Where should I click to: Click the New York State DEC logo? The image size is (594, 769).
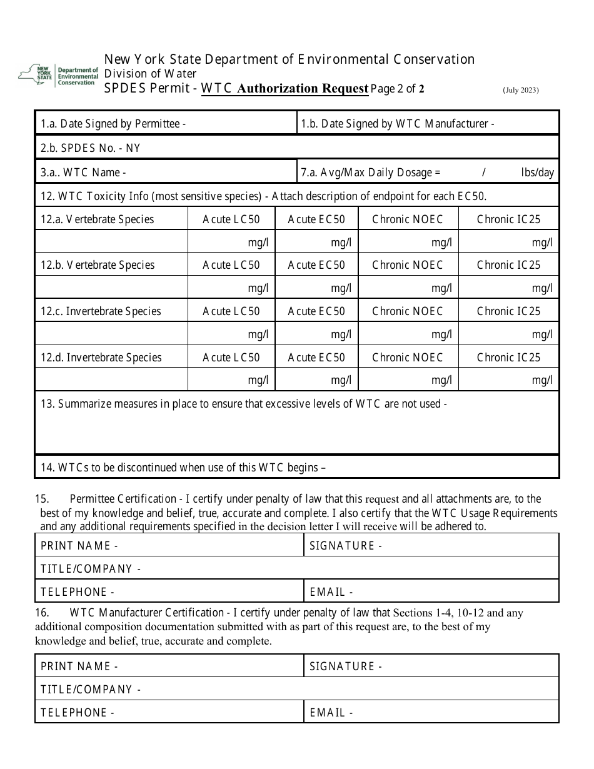pos(58,75)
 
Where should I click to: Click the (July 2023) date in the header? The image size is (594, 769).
pos(520,90)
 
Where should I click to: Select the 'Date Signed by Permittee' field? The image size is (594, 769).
pos(165,123)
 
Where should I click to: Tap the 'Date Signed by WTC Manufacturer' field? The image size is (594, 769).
pos(428,123)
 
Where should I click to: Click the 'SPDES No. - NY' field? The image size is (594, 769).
pos(296,148)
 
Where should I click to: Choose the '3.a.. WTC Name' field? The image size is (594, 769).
pos(165,173)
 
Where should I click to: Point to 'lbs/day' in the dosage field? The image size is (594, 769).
pos(537,173)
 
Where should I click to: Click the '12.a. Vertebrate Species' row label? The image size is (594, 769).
pos(97,219)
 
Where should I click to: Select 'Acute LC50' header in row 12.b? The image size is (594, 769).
pos(231,265)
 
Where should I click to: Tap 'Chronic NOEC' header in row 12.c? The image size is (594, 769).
pos(407,311)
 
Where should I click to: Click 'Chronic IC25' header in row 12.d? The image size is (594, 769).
pos(508,358)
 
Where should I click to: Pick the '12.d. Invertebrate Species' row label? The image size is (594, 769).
pos(101,358)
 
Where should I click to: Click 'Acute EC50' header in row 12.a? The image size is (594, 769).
pos(316,219)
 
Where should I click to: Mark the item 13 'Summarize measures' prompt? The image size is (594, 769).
pos(244,404)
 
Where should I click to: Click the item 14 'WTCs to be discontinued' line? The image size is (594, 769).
pos(183,467)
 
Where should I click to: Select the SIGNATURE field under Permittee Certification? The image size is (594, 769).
pos(431,545)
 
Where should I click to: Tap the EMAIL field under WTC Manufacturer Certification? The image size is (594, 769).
pos(431,712)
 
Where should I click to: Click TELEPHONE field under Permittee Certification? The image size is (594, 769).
pos(169,591)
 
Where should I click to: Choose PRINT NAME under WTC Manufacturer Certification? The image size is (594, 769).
pos(169,666)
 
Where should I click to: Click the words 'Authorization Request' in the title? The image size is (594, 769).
pos(303,88)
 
